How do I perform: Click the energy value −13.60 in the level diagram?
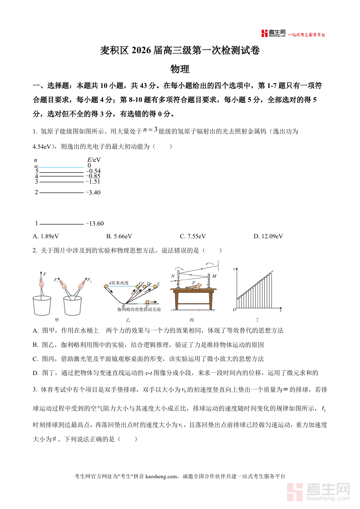pos(95,224)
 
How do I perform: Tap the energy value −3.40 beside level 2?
pos(93,192)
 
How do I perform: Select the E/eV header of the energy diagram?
pos(94,160)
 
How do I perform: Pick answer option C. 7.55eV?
pos(193,236)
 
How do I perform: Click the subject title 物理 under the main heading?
pos(180,69)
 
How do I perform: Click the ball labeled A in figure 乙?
pos(107,285)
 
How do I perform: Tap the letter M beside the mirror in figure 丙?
pos(214,276)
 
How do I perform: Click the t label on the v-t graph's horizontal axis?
pos(281,310)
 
